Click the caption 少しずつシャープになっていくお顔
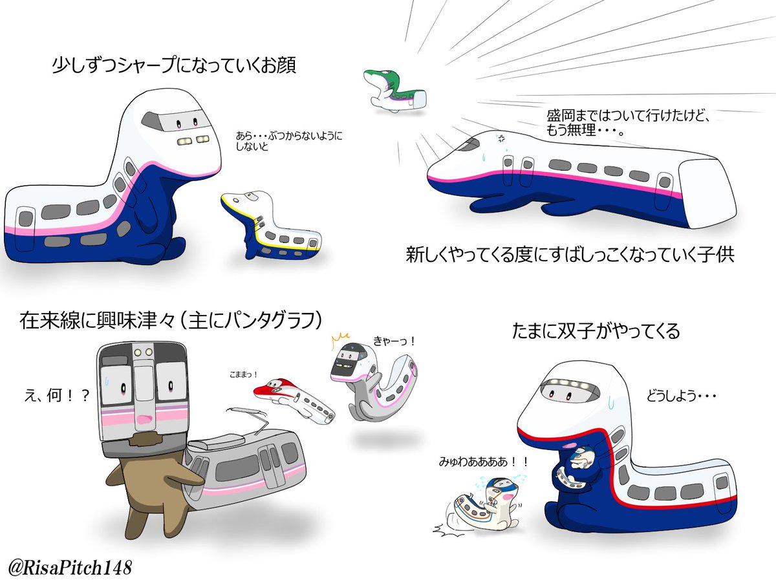pos(174,66)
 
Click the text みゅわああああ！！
pos(482,462)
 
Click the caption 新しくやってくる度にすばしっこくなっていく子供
pos(569,253)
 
